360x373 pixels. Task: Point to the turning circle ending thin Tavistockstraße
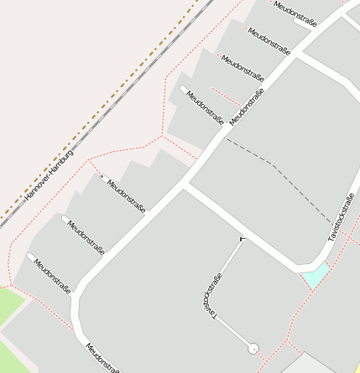(x=253, y=348)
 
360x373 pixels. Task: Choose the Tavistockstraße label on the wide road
(x=341, y=217)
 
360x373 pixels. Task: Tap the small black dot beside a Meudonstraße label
(x=102, y=178)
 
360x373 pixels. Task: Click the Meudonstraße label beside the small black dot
(x=126, y=195)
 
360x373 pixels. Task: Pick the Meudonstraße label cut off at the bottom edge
(x=102, y=358)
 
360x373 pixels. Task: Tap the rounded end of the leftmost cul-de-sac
(x=31, y=256)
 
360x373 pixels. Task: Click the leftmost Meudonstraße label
(x=52, y=275)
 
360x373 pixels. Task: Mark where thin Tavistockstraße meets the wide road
(x=243, y=238)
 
